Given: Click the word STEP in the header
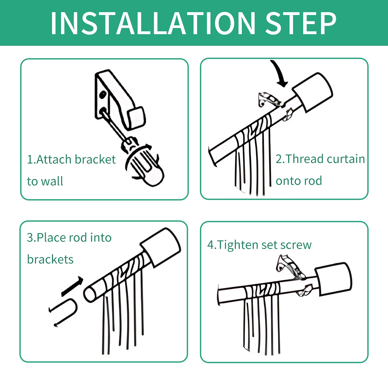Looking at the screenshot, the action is pos(301,23).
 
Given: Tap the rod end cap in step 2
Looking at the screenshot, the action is pos(312,93).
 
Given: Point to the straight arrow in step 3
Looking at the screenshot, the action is pos(72,286).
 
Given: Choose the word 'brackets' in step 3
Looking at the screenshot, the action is pos(50,259).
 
